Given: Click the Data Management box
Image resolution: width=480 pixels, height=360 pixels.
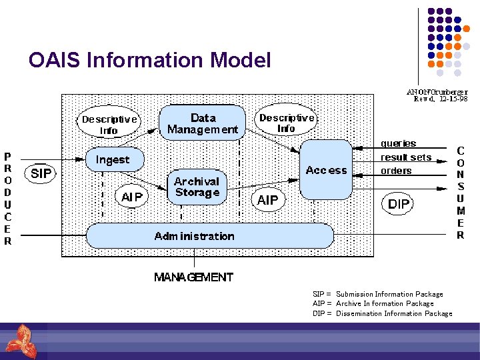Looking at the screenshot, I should [x=202, y=123].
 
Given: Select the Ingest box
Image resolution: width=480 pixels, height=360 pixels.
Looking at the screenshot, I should [x=113, y=160].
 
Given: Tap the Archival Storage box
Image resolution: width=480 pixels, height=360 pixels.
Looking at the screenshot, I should [x=197, y=187].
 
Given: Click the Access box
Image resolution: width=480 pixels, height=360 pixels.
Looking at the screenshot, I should [x=326, y=169].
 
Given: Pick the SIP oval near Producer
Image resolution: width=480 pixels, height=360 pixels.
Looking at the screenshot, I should [x=41, y=174].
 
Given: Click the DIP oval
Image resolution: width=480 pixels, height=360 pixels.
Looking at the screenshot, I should [x=399, y=204].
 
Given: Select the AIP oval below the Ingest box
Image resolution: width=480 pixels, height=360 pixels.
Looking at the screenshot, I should [x=131, y=196].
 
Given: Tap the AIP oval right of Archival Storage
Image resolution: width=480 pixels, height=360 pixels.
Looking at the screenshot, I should [x=267, y=200].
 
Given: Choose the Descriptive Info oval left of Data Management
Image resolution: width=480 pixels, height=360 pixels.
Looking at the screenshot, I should [x=109, y=125].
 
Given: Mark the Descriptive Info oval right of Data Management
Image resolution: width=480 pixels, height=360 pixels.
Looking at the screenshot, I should [x=286, y=122].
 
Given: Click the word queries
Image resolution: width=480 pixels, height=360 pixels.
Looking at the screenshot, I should [x=398, y=143].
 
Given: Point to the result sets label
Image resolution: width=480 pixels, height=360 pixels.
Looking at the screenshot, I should [x=405, y=157].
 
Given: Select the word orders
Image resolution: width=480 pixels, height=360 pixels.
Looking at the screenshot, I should [x=396, y=171].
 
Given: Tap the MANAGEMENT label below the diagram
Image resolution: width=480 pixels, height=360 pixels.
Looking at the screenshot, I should [x=193, y=277].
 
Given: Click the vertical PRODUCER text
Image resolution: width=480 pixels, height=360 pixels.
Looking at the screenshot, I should [x=8, y=199].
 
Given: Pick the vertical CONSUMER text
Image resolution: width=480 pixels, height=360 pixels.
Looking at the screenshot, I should [x=460, y=193].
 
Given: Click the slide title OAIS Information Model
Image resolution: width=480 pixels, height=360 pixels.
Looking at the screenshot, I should [x=150, y=61].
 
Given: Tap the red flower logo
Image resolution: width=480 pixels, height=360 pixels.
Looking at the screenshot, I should [x=20, y=341].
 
